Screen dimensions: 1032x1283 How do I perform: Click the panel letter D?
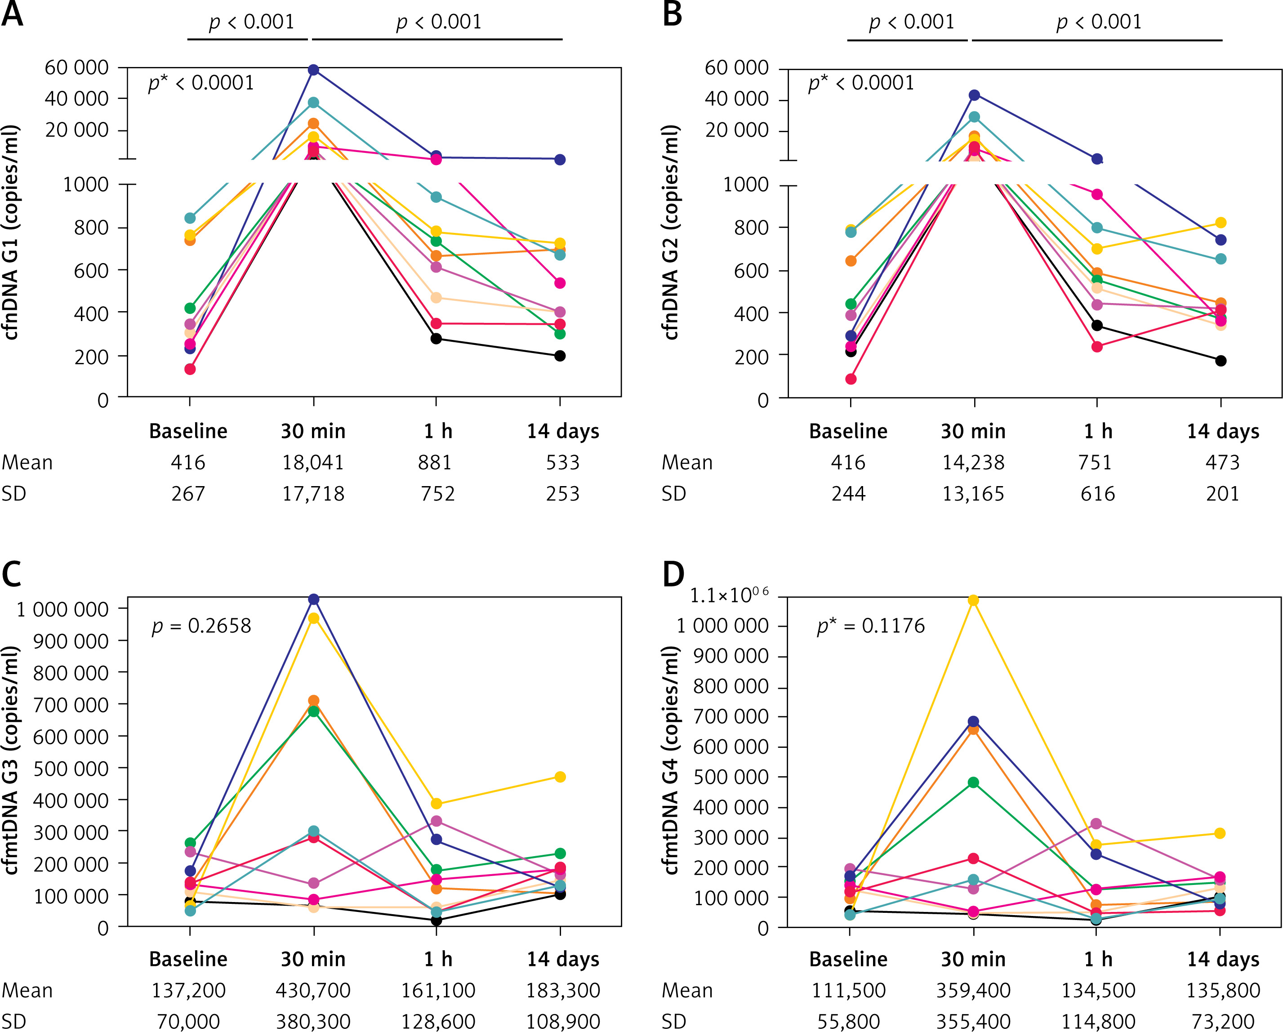click(673, 576)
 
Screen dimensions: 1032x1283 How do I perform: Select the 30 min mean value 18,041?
click(313, 462)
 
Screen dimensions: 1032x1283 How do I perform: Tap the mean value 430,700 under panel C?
click(313, 990)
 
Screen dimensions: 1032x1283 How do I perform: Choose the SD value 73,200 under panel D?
click(1223, 1021)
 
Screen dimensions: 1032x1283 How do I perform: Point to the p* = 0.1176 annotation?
click(871, 626)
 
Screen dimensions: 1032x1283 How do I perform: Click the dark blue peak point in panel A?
click(314, 70)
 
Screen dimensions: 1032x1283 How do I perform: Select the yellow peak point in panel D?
click(974, 600)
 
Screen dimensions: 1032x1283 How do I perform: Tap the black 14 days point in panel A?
click(560, 356)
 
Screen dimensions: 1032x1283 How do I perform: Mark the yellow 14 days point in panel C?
click(560, 777)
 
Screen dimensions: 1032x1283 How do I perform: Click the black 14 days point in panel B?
click(1221, 361)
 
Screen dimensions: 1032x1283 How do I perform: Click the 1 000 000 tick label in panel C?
click(62, 609)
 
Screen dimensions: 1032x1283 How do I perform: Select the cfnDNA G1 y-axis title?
click(11, 232)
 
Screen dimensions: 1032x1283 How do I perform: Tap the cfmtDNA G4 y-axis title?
click(671, 760)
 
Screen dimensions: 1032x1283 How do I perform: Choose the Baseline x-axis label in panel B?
click(848, 431)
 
